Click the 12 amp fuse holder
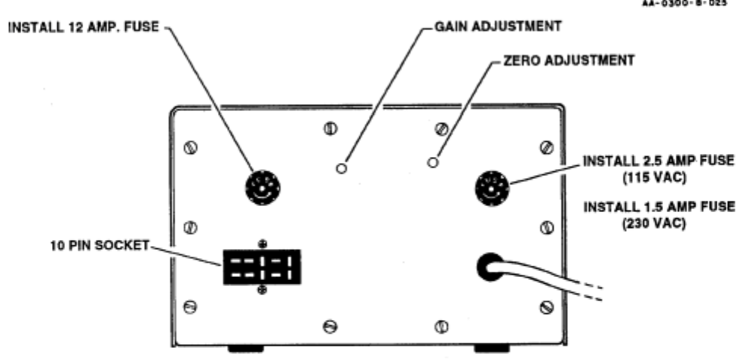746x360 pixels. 262,185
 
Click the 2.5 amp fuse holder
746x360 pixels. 492,186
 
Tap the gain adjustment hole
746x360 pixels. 341,168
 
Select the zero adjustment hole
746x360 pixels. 432,162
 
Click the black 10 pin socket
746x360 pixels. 262,266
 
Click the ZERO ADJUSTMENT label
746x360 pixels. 566,61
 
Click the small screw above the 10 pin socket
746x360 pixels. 262,243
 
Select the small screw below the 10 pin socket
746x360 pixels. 262,291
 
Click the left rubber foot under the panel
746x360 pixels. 245,349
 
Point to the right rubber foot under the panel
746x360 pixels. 491,349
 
